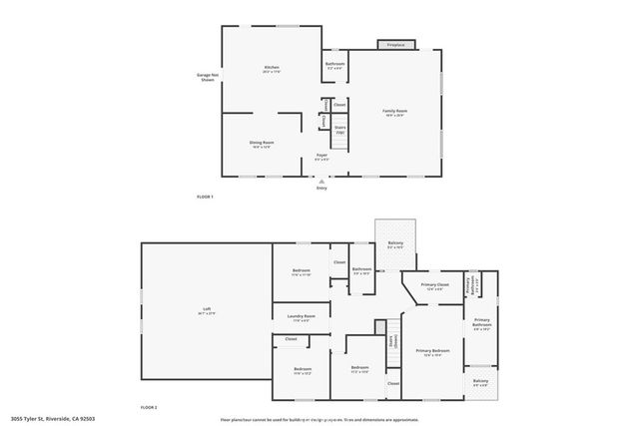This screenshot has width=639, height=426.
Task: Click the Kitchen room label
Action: tap(271, 69)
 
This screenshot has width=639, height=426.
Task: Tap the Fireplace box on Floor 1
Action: tap(395, 44)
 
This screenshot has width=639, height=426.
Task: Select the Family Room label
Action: tap(395, 112)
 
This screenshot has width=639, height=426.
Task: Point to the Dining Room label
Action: tap(262, 144)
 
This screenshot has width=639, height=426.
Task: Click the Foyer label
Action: tap(321, 157)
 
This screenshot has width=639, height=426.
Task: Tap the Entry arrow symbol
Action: tap(321, 182)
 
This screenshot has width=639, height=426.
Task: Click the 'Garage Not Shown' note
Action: tap(207, 77)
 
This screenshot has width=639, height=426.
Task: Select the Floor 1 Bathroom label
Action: tap(334, 66)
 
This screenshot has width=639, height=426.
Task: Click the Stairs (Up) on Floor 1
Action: tap(338, 130)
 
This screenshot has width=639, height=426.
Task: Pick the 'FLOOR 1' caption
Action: tap(205, 197)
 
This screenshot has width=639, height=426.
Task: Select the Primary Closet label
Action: tap(434, 286)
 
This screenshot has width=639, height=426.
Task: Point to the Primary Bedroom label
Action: tap(432, 351)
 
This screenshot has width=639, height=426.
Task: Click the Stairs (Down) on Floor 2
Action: tap(392, 340)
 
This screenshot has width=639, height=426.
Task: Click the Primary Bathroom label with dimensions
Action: tap(482, 326)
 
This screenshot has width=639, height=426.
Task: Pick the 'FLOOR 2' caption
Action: tap(149, 408)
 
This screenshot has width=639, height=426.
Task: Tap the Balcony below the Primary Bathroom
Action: tap(481, 383)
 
